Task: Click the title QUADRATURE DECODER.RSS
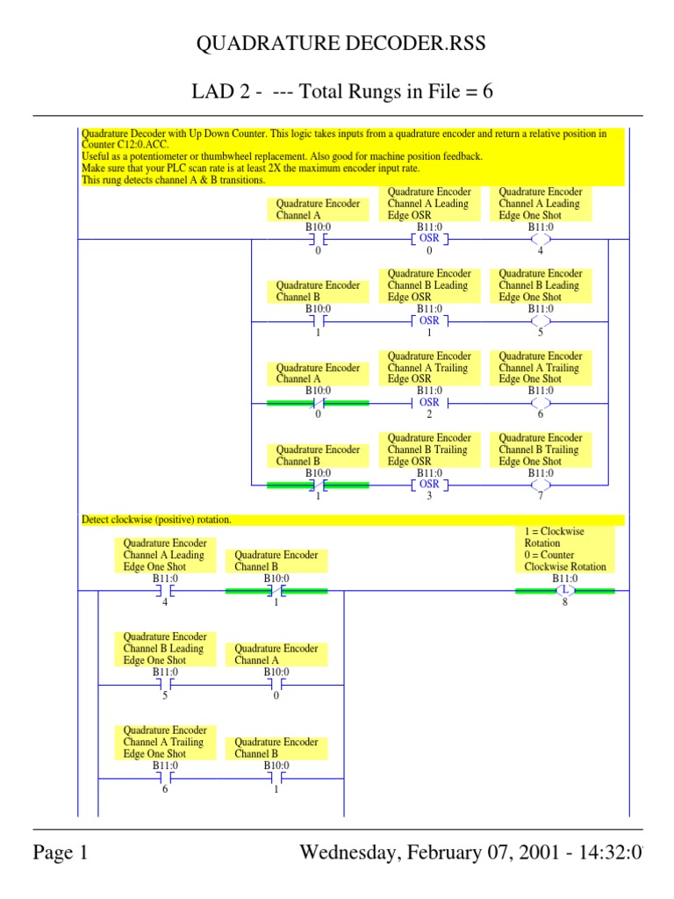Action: click(338, 45)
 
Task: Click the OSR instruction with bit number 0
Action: click(429, 238)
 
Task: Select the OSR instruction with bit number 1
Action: click(429, 320)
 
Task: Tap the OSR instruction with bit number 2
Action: click(429, 402)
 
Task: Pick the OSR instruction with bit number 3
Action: click(429, 484)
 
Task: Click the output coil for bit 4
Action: click(541, 238)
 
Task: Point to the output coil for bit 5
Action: click(541, 320)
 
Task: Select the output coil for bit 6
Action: click(541, 402)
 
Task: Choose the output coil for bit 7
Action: click(541, 484)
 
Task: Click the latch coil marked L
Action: click(564, 590)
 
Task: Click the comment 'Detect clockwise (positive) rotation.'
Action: click(157, 520)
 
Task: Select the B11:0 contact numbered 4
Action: click(164, 591)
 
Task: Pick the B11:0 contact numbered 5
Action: click(164, 684)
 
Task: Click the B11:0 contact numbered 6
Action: click(164, 778)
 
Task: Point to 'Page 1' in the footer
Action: click(61, 852)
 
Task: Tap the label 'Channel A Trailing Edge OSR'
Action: click(428, 368)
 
